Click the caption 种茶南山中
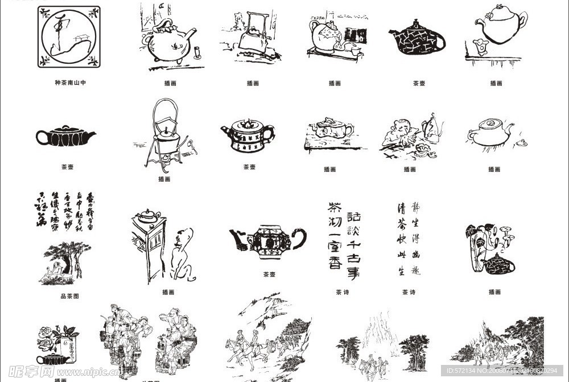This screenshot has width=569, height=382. tap(71, 83)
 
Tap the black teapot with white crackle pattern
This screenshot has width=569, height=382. tap(417, 39)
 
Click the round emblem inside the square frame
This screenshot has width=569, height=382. tap(69, 37)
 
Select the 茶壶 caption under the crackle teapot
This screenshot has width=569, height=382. tap(419, 83)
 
